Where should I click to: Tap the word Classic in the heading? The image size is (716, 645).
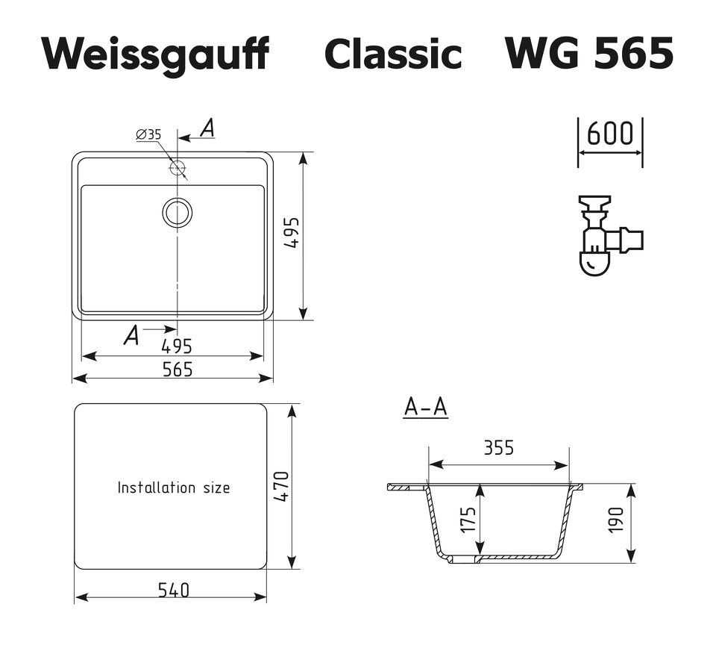(392, 54)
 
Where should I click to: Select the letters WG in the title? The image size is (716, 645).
(544, 54)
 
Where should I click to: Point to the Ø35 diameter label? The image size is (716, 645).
(148, 135)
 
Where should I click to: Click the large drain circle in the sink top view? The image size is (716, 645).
(178, 213)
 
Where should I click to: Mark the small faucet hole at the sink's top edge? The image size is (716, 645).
(178, 168)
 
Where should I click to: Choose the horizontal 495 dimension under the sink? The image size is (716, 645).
(177, 346)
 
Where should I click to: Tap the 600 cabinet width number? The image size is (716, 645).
(610, 134)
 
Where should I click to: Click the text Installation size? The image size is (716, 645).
(174, 487)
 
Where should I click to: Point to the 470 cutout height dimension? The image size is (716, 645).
(281, 487)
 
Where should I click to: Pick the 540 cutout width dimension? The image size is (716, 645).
(173, 590)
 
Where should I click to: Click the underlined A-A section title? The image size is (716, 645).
(425, 407)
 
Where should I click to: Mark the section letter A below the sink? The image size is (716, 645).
(131, 336)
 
